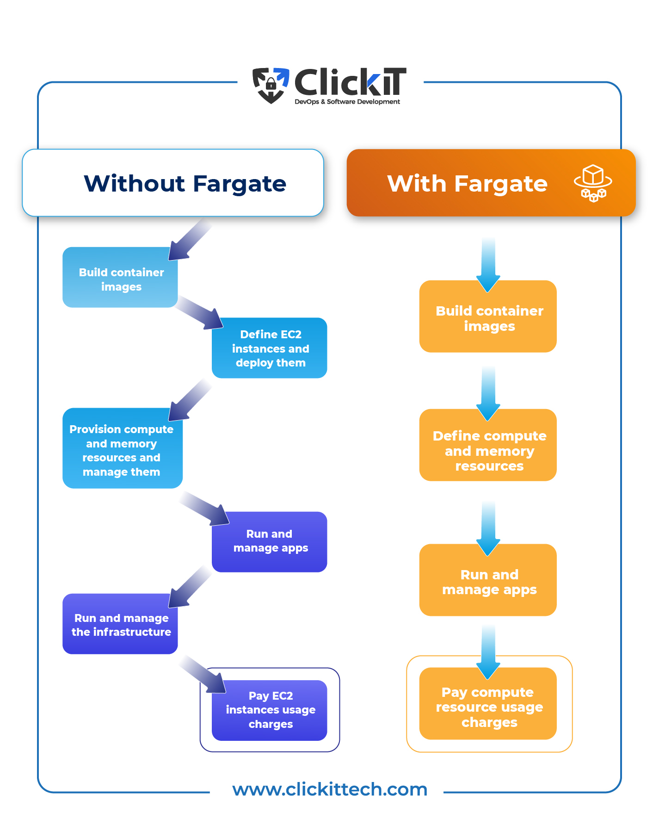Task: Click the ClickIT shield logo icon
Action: coord(271,85)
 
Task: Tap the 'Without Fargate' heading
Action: coord(185,183)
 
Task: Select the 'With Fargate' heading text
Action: coord(467,183)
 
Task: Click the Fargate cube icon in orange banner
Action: coord(593,183)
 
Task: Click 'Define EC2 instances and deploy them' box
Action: coord(270,348)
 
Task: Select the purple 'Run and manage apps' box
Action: coord(270,541)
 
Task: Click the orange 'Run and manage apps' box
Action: coord(488,581)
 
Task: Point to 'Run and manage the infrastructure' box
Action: coord(120,625)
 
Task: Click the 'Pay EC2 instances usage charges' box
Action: coord(270,710)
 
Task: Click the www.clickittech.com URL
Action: coord(329,789)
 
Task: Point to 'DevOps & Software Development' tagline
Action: coord(347,102)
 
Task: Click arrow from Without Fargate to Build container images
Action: coord(190,241)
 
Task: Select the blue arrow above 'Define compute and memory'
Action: coord(488,393)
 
